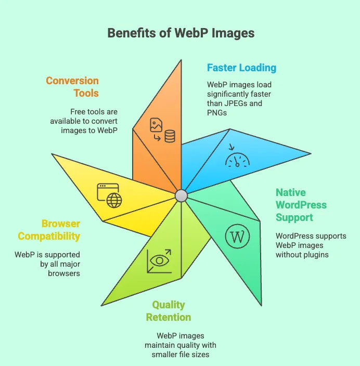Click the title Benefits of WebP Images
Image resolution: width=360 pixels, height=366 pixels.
click(x=181, y=33)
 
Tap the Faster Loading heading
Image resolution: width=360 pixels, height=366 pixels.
click(x=241, y=68)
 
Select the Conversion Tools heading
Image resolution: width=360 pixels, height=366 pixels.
click(x=72, y=87)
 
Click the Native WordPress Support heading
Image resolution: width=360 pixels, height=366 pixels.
click(x=301, y=205)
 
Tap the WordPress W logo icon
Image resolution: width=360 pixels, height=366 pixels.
click(x=237, y=237)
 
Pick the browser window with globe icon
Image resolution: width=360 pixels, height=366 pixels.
click(x=109, y=194)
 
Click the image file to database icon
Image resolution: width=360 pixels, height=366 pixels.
click(x=162, y=130)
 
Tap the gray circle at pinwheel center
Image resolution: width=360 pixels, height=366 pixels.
click(x=181, y=195)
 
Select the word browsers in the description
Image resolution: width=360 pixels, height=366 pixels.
click(x=64, y=273)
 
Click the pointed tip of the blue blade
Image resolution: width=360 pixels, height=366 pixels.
click(x=311, y=153)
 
